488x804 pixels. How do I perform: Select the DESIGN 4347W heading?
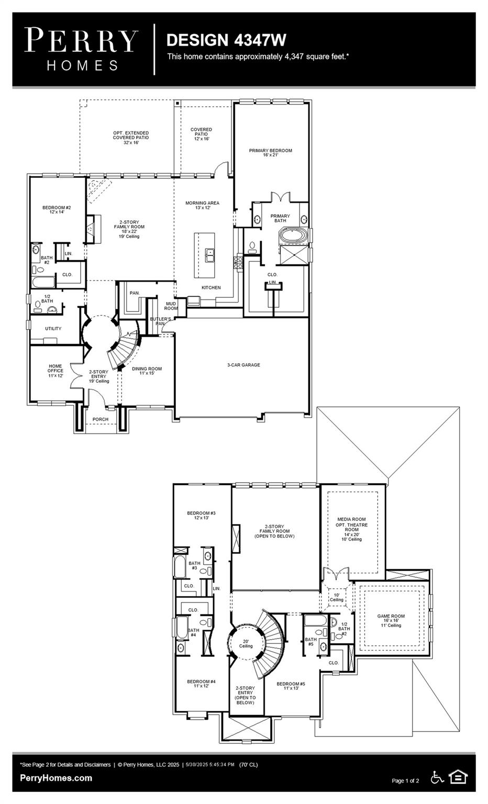click(x=226, y=40)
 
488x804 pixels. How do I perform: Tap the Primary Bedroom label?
click(x=270, y=152)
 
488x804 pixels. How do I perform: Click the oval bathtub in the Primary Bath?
click(x=293, y=236)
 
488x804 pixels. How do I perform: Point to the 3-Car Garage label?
click(x=243, y=365)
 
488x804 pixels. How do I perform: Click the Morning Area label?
click(x=202, y=205)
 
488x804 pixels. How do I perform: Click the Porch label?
click(x=101, y=419)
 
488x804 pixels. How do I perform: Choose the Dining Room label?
click(x=147, y=371)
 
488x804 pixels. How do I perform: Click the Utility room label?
click(x=53, y=329)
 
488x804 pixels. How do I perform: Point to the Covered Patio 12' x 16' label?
click(x=201, y=134)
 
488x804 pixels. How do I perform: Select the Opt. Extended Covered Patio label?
click(x=131, y=138)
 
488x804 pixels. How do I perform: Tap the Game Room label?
click(x=391, y=620)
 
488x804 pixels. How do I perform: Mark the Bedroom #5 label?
click(x=291, y=686)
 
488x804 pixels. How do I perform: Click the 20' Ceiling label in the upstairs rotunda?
click(x=246, y=643)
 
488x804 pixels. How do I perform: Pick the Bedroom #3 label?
click(x=201, y=515)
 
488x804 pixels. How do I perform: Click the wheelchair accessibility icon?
click(x=437, y=777)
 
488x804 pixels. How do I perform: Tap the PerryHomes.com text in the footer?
click(x=56, y=778)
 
